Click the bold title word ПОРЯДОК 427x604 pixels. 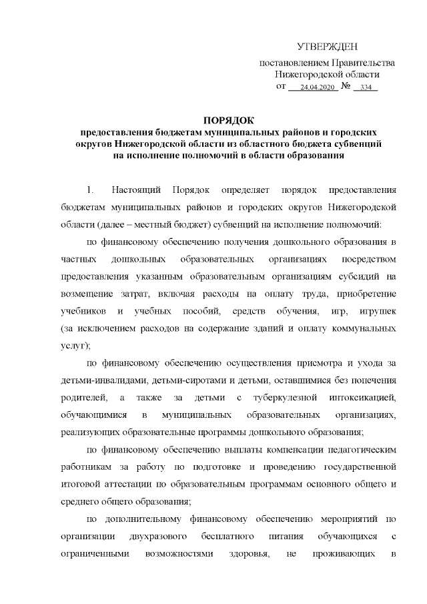229,121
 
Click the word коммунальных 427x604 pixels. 366,329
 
